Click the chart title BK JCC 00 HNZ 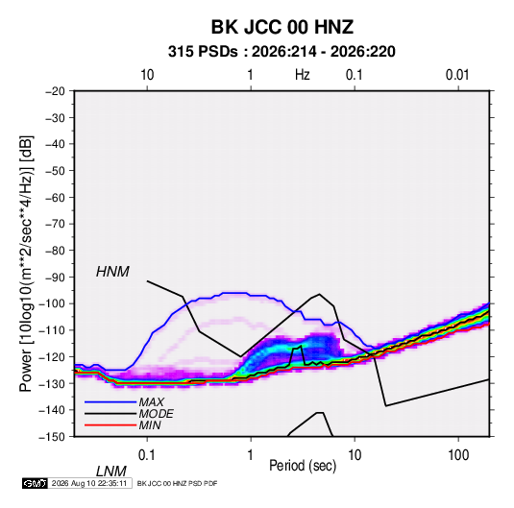pyautogui.click(x=281, y=27)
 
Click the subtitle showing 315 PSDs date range pyautogui.click(x=281, y=52)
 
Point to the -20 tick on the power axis pyautogui.click(x=55, y=91)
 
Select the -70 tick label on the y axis pyautogui.click(x=55, y=224)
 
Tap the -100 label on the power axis pyautogui.click(x=52, y=303)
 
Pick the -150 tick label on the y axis pyautogui.click(x=52, y=437)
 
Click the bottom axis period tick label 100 pyautogui.click(x=458, y=455)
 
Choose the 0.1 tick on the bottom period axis pyautogui.click(x=147, y=455)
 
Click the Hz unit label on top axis pyautogui.click(x=303, y=75)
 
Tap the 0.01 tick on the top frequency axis pyautogui.click(x=457, y=75)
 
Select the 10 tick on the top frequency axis pyautogui.click(x=147, y=75)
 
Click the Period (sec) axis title pyautogui.click(x=303, y=466)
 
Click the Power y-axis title pyautogui.click(x=26, y=264)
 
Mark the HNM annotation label pyautogui.click(x=112, y=272)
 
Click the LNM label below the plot pyautogui.click(x=110, y=472)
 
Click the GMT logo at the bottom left pyautogui.click(x=36, y=483)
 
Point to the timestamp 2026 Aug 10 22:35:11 pyautogui.click(x=89, y=483)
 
